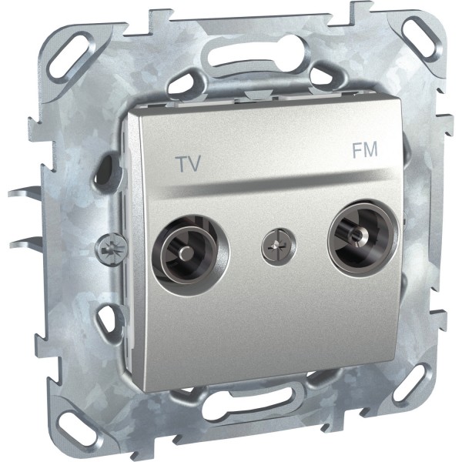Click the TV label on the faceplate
coord(188,163)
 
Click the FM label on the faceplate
coord(365,149)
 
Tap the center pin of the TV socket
coord(185,253)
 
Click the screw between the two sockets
coord(279,246)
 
